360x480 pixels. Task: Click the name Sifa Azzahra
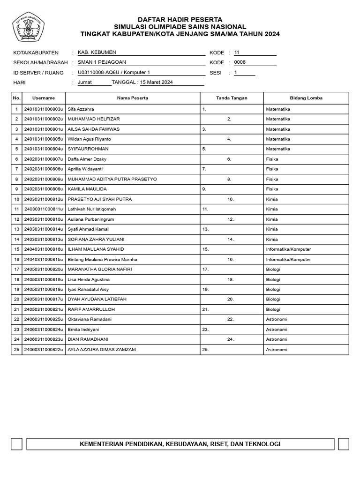pyautogui.click(x=81, y=109)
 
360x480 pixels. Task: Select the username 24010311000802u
pyautogui.click(x=44, y=119)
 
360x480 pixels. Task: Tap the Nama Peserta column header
pyautogui.click(x=133, y=98)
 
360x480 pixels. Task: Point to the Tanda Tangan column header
pyautogui.click(x=232, y=98)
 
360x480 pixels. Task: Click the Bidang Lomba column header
pyautogui.click(x=306, y=98)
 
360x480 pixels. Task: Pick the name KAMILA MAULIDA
pyautogui.click(x=87, y=189)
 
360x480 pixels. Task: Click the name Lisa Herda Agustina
pyautogui.click(x=89, y=279)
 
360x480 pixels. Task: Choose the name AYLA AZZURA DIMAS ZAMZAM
pyautogui.click(x=102, y=350)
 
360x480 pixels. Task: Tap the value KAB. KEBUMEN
pyautogui.click(x=97, y=52)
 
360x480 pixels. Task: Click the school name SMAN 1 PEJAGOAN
pyautogui.click(x=102, y=62)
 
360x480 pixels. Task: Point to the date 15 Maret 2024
pyautogui.click(x=157, y=82)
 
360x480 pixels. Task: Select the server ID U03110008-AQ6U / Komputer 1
pyautogui.click(x=114, y=73)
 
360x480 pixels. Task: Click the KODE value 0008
pyautogui.click(x=240, y=62)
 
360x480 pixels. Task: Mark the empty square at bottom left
pyautogui.click(x=16, y=444)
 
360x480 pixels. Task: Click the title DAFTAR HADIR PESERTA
pyautogui.click(x=180, y=20)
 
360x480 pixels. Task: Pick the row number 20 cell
pyautogui.click(x=16, y=299)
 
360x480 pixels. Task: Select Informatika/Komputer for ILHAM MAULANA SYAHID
pyautogui.click(x=288, y=249)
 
